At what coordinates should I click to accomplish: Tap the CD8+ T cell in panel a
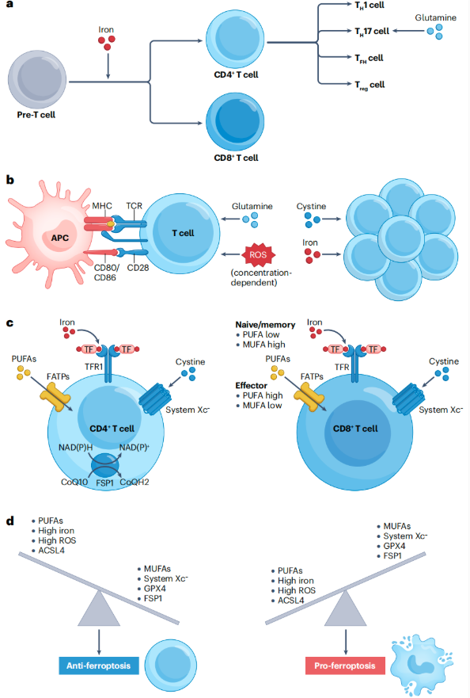coord(235,121)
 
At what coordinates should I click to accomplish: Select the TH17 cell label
coord(372,31)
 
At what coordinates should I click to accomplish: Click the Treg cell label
coord(370,85)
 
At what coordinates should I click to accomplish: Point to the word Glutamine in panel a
coord(435,17)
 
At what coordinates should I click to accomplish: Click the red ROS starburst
coord(259,255)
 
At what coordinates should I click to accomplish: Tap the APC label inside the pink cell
coord(60,238)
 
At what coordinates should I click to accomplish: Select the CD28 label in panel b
coord(138,268)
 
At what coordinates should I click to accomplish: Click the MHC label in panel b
coord(102,206)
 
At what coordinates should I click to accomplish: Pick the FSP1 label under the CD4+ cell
coord(105,483)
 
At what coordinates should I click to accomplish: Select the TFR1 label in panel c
coord(94,367)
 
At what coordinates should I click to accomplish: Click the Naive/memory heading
coord(265,325)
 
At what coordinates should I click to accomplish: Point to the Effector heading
coord(252,386)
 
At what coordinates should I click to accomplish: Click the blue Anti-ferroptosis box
coord(99,666)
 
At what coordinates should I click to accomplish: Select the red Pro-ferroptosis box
coord(345,666)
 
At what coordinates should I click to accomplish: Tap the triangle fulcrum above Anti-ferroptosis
coord(99,608)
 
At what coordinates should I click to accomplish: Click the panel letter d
coord(10,520)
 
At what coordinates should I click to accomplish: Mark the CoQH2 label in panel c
coord(135,482)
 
